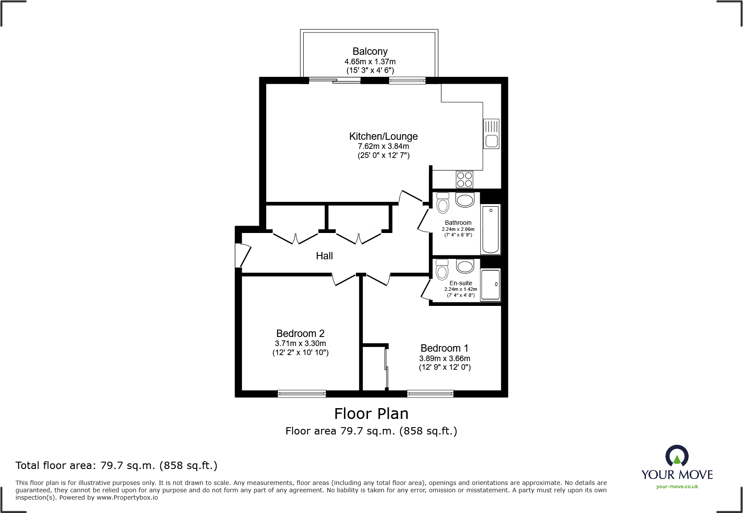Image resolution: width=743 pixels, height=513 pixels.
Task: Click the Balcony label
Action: click(370, 51)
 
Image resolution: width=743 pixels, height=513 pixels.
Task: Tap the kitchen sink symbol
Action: click(491, 134)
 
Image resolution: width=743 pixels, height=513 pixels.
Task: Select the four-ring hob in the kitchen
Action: click(464, 179)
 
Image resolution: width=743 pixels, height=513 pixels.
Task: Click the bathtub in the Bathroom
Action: click(491, 230)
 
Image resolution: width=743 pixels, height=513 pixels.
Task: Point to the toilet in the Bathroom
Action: click(443, 203)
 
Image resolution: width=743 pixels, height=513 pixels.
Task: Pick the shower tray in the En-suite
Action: click(491, 284)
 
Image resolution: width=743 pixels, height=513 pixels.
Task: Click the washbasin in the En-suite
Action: click(465, 266)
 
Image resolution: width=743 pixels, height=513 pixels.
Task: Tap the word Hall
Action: click(324, 256)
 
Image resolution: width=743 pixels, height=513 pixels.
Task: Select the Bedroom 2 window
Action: click(302, 393)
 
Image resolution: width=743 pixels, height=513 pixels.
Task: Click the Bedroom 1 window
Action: click(430, 393)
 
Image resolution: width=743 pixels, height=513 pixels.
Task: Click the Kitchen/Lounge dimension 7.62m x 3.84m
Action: click(383, 146)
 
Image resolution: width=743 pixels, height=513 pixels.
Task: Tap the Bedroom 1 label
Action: click(444, 348)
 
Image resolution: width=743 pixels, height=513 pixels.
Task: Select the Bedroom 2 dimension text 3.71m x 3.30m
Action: click(300, 343)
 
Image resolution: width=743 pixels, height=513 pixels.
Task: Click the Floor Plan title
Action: click(371, 414)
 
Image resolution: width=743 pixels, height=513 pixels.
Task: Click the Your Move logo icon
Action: click(677, 456)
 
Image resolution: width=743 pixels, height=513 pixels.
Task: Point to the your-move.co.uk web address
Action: click(677, 487)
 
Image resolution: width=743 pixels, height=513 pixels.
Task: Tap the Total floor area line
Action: click(116, 466)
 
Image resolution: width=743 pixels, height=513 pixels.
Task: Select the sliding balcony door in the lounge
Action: click(334, 80)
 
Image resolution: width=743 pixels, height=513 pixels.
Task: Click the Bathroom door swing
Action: click(424, 220)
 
